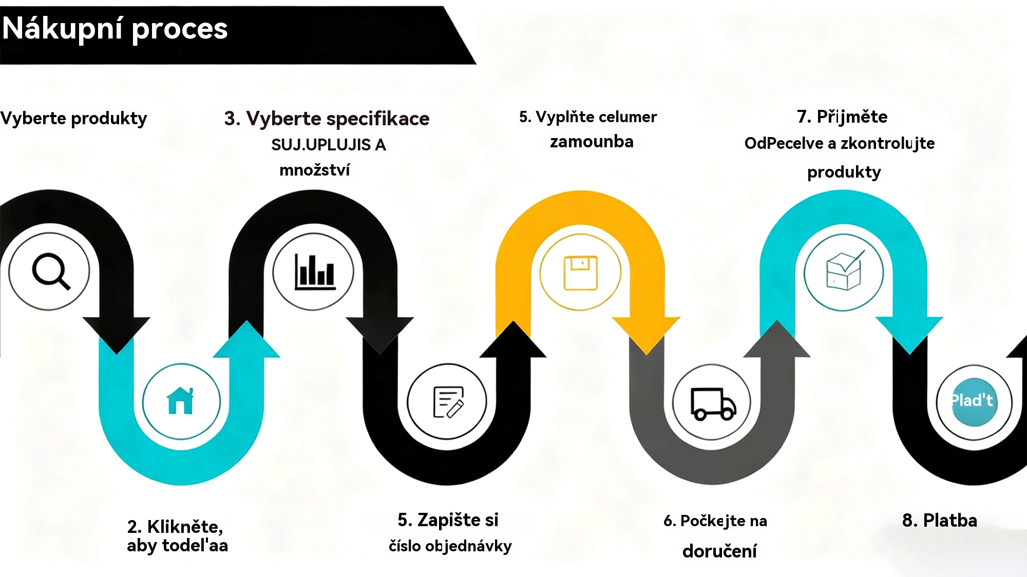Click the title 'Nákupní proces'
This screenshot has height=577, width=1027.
tap(115, 29)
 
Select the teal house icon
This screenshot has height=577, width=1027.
tap(180, 401)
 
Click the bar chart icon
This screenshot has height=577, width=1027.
tap(314, 272)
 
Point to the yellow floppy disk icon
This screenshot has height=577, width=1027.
tap(580, 273)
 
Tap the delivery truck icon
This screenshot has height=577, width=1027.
tap(713, 403)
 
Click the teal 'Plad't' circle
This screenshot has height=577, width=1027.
tap(973, 401)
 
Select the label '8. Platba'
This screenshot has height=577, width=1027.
tap(939, 521)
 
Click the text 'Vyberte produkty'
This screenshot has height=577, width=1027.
tap(73, 119)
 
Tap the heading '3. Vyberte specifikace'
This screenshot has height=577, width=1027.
tap(327, 119)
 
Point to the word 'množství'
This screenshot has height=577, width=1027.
tap(314, 170)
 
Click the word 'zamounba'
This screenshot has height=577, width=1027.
tap(592, 142)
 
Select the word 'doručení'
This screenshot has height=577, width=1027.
tap(719, 551)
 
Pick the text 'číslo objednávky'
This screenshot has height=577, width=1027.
tap(450, 546)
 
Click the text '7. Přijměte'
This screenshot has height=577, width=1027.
tap(842, 117)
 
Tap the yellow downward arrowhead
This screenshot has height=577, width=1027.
tap(646, 334)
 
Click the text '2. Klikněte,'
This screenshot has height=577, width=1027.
tap(175, 527)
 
